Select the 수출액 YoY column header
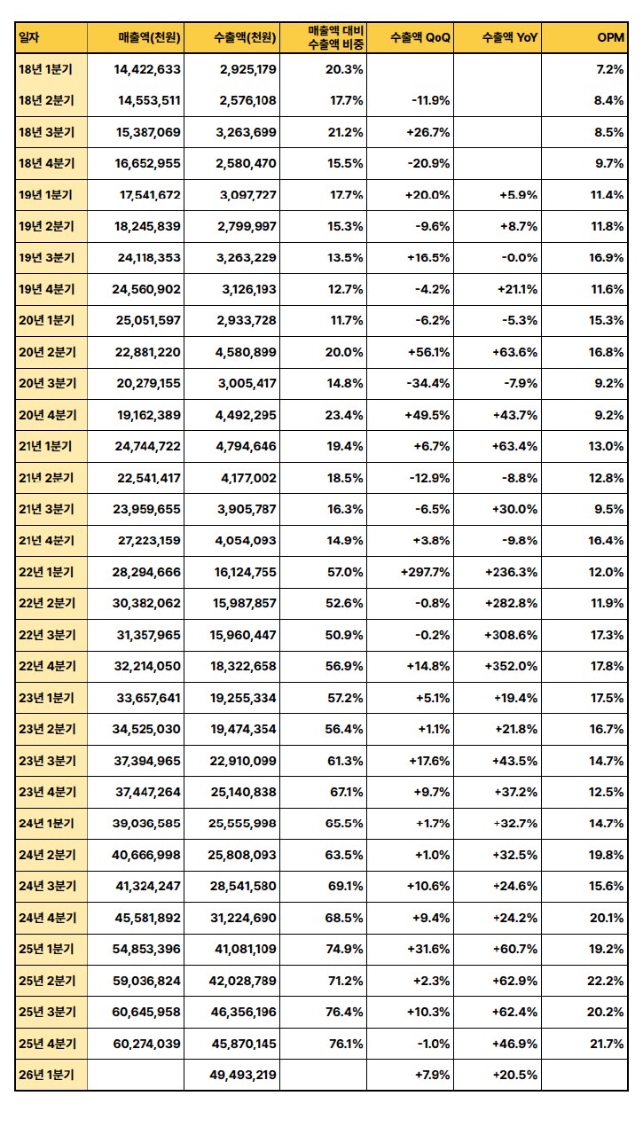click(510, 37)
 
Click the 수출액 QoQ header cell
click(420, 37)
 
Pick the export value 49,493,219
click(245, 1076)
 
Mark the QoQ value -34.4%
click(429, 384)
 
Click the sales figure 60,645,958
click(147, 1013)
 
